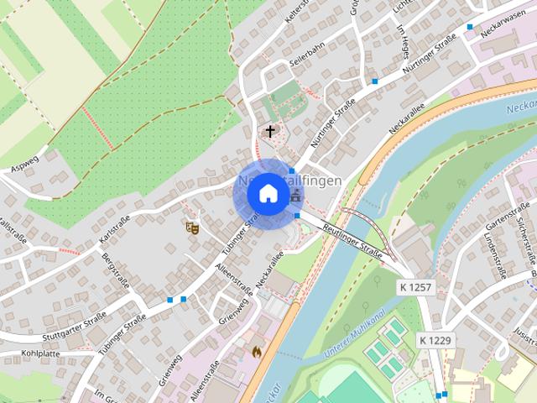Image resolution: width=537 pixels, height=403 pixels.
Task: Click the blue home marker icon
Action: tap(268, 193)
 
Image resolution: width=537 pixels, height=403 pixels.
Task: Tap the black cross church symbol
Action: tap(270, 131)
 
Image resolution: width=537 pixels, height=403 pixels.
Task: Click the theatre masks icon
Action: tap(192, 226)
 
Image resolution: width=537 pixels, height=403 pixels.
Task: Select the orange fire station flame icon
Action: tap(257, 351)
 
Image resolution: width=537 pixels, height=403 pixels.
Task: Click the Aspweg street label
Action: tap(24, 160)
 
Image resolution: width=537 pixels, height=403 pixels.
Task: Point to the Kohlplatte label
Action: tap(41, 353)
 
